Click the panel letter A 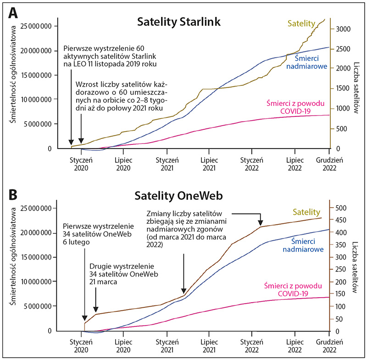pos(14,13)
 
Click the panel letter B pos(14,194)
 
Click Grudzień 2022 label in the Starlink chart pos(329,164)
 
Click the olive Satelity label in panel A pos(301,22)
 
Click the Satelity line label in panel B pos(306,212)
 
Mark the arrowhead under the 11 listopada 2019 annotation pos(71,142)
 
